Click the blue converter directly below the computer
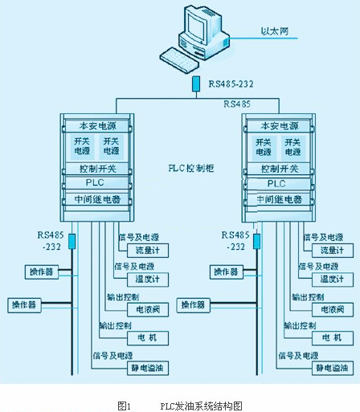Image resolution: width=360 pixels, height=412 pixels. point(196,84)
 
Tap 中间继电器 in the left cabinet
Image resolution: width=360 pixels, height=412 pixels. point(97,199)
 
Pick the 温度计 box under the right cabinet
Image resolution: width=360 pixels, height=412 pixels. point(331,279)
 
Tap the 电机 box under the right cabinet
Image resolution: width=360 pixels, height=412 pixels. point(331,337)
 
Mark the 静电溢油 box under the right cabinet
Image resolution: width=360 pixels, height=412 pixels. point(331,368)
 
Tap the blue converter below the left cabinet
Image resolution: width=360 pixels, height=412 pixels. point(72,239)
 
